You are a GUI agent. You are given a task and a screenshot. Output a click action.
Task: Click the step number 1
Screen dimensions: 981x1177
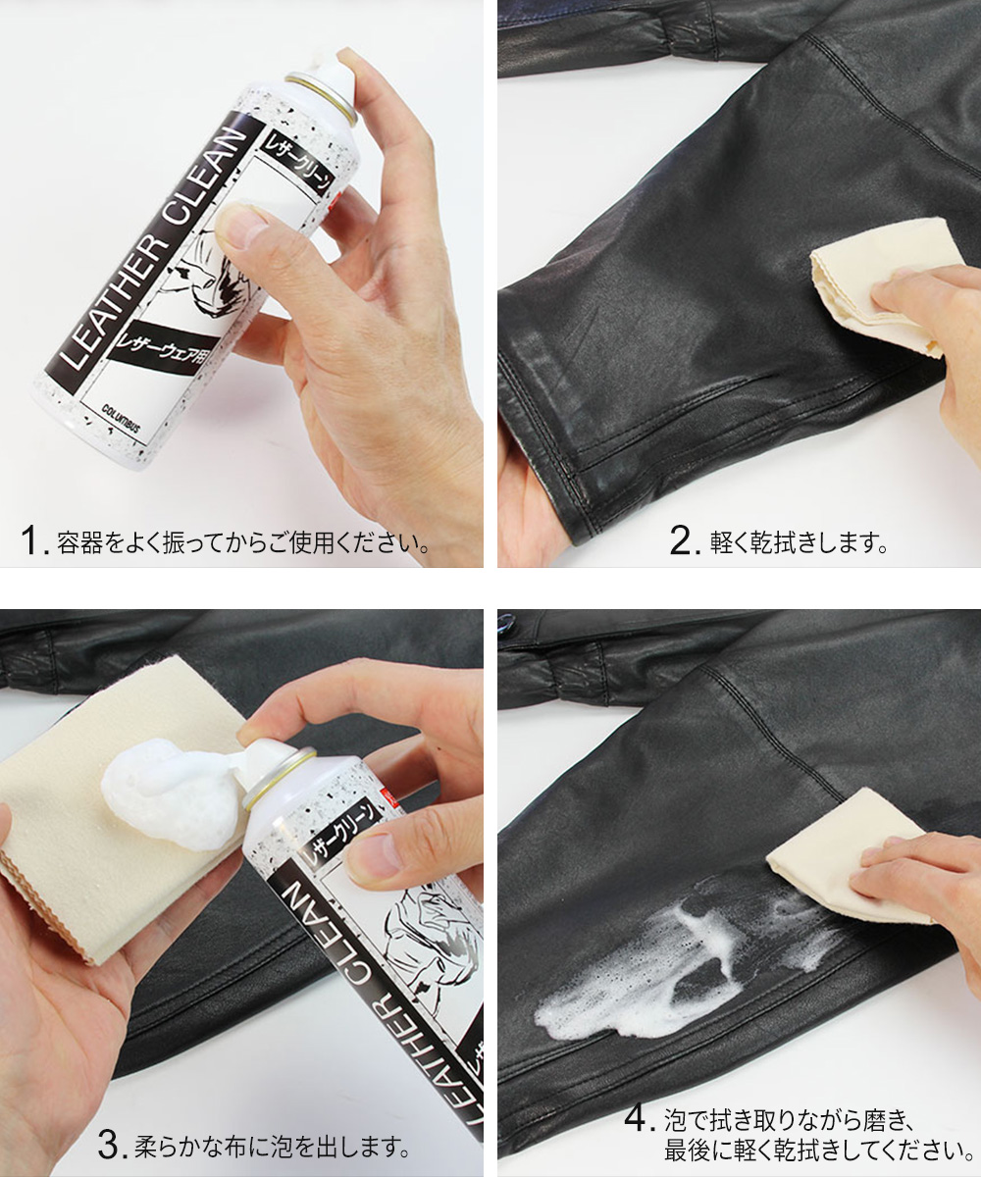(31, 540)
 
